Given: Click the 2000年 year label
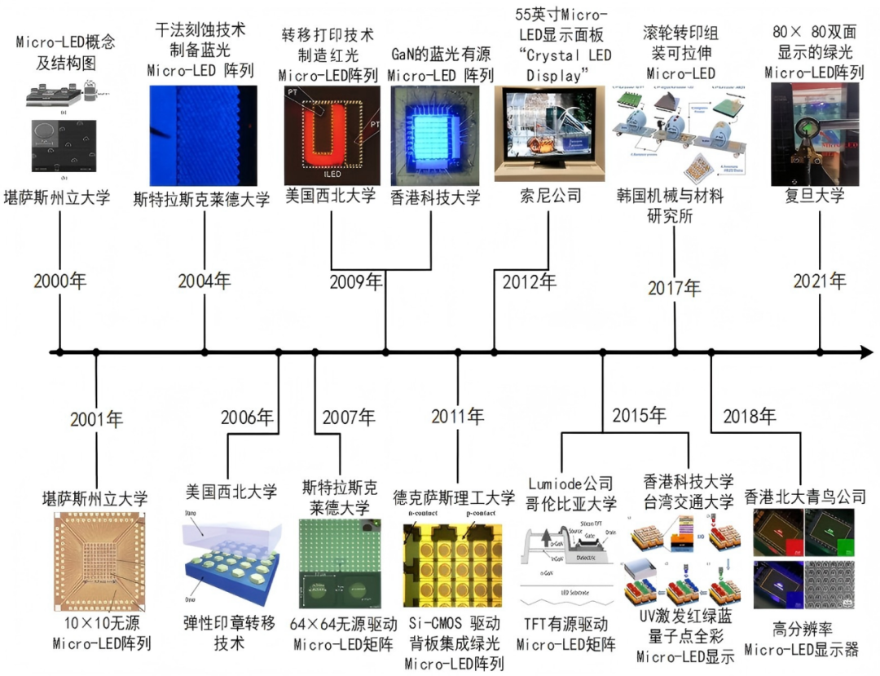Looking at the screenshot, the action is tap(59, 282).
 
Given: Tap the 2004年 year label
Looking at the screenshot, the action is tap(205, 282).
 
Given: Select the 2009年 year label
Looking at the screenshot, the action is tap(356, 283).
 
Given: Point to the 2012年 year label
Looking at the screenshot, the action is tap(530, 283).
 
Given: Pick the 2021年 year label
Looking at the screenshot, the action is tap(821, 281).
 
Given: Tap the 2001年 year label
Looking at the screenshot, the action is tap(96, 420).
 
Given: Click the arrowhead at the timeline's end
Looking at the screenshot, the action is tap(865, 352).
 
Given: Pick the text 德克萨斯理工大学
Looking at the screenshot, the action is tap(454, 497).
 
